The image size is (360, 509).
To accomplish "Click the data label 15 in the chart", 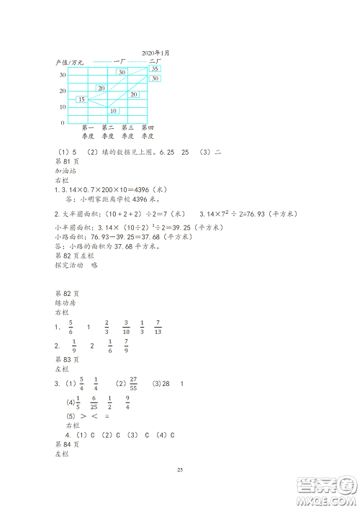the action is [x=81, y=99].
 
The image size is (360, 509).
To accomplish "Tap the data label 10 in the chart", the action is [x=112, y=111].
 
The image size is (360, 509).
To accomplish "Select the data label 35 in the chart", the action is [x=155, y=69].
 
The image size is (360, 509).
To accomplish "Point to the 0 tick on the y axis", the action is [x=63, y=123].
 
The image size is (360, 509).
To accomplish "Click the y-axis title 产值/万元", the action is [x=70, y=63].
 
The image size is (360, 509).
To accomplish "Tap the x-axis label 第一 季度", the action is [x=89, y=132].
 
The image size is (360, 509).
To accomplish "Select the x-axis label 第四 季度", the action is [x=149, y=132].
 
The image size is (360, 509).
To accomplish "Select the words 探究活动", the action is [x=69, y=265].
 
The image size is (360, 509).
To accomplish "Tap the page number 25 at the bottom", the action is [x=180, y=470].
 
